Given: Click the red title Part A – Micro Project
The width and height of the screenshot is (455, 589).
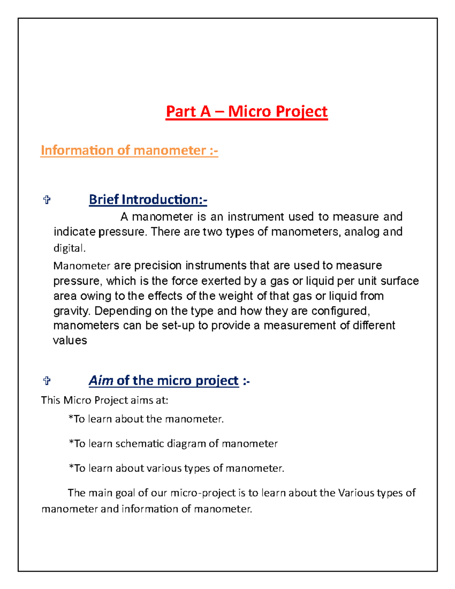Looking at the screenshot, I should click(246, 112).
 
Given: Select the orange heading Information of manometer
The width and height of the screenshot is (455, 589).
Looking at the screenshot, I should click(129, 151).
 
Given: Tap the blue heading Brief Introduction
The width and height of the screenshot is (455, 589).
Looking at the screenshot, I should click(148, 199).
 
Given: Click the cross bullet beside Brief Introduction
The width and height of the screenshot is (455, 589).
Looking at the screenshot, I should click(47, 200).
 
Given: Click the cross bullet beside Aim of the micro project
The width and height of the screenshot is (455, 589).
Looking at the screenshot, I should click(47, 381).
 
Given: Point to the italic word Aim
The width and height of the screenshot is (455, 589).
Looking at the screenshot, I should click(101, 380).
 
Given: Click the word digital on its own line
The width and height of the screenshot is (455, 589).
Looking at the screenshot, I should click(69, 248).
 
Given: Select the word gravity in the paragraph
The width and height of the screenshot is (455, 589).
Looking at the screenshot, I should click(72, 311).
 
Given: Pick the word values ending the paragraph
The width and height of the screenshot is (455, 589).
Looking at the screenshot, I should click(70, 341).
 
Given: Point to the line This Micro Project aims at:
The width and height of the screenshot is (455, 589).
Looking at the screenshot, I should click(104, 401).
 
